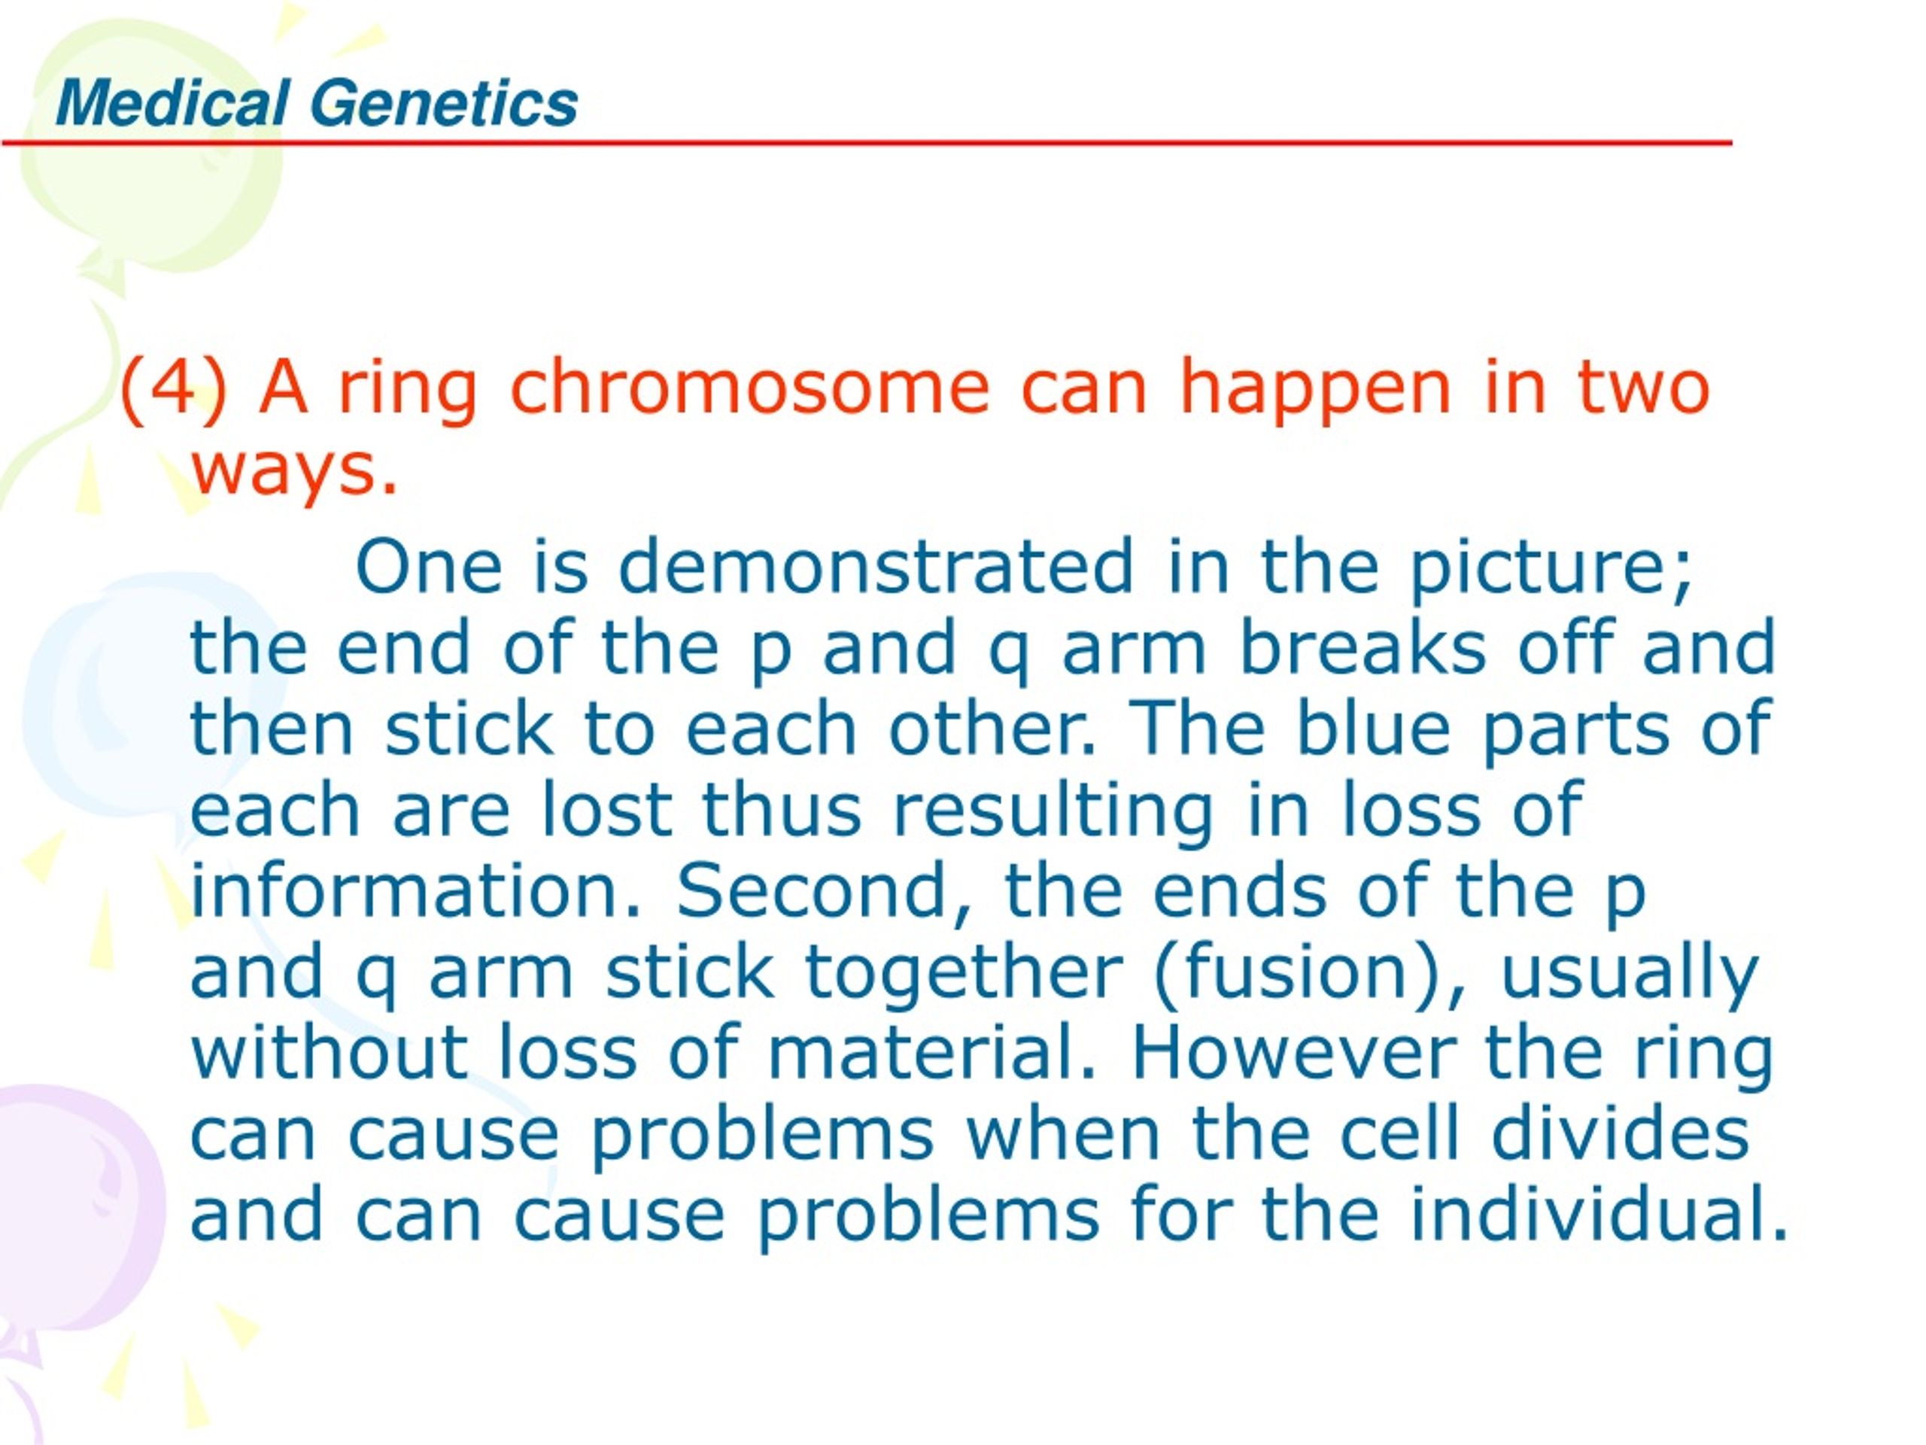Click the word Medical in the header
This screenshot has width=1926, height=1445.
[172, 103]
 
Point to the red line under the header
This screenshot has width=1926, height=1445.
[867, 143]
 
